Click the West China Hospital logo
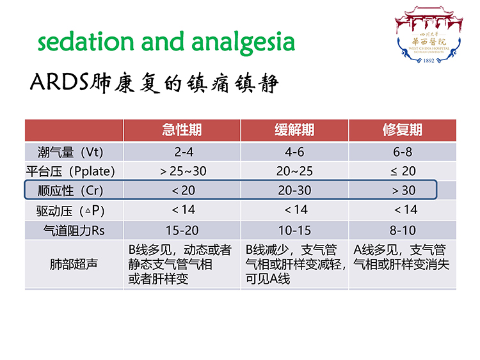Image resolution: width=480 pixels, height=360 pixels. tap(429, 35)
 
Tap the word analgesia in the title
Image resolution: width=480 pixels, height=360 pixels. tap(243, 43)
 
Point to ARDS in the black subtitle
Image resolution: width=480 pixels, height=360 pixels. tap(60, 82)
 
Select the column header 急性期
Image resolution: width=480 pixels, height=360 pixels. tap(182, 130)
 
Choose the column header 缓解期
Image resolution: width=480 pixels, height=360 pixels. tap(294, 130)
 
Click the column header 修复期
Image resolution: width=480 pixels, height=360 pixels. tap(403, 130)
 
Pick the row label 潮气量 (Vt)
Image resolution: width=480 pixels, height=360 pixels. tap(70, 152)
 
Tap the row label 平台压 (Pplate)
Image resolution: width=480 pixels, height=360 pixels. tap(70, 171)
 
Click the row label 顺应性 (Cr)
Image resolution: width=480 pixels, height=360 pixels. tap(70, 191)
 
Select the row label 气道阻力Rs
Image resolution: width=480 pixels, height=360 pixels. tap(74, 230)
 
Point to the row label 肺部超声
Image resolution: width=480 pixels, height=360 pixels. tap(74, 264)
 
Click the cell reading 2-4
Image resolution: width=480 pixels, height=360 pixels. tap(184, 152)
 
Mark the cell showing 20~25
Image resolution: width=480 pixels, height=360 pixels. tap(294, 171)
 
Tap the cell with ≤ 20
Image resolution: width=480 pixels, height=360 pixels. tap(403, 171)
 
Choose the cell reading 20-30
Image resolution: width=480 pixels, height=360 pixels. tap(294, 191)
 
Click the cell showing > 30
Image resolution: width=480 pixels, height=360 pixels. tap(404, 191)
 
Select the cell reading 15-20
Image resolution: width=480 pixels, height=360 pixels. tap(182, 230)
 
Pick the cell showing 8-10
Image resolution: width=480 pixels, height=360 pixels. tap(403, 230)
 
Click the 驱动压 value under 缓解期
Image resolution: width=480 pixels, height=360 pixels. tap(296, 210)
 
